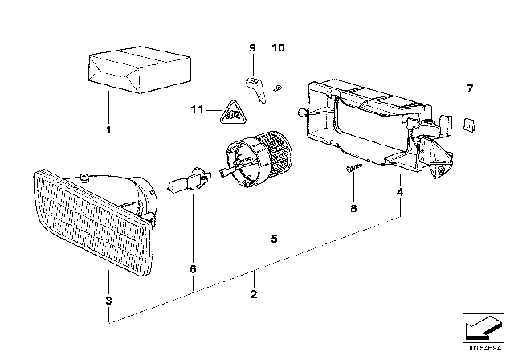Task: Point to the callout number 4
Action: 399,193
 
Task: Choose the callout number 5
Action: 275,238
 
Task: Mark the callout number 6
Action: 193,270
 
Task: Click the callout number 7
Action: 471,88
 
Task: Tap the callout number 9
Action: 251,49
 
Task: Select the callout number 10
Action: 278,49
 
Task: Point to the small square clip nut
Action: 471,124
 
